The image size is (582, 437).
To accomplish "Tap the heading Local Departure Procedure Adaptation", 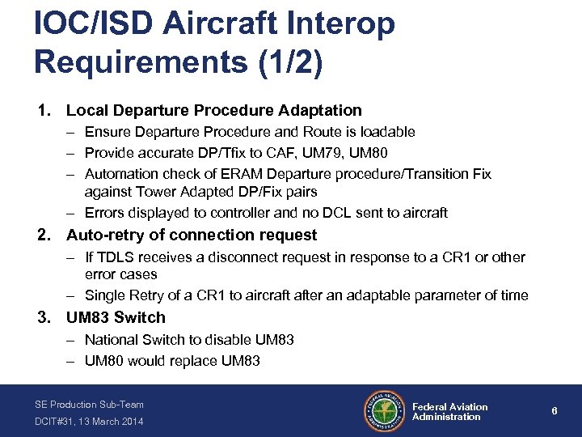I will pos(213,110).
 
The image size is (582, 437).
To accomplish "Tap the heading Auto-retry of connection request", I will pos(192,235).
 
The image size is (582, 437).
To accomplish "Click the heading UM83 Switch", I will pos(116,318).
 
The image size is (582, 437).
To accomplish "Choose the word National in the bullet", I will pos(112,340).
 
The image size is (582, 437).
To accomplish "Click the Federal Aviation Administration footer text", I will pos(449,412).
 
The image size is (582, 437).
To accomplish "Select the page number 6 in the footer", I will pos(555,411).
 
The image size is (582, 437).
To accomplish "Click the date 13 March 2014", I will pos(111,422).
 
